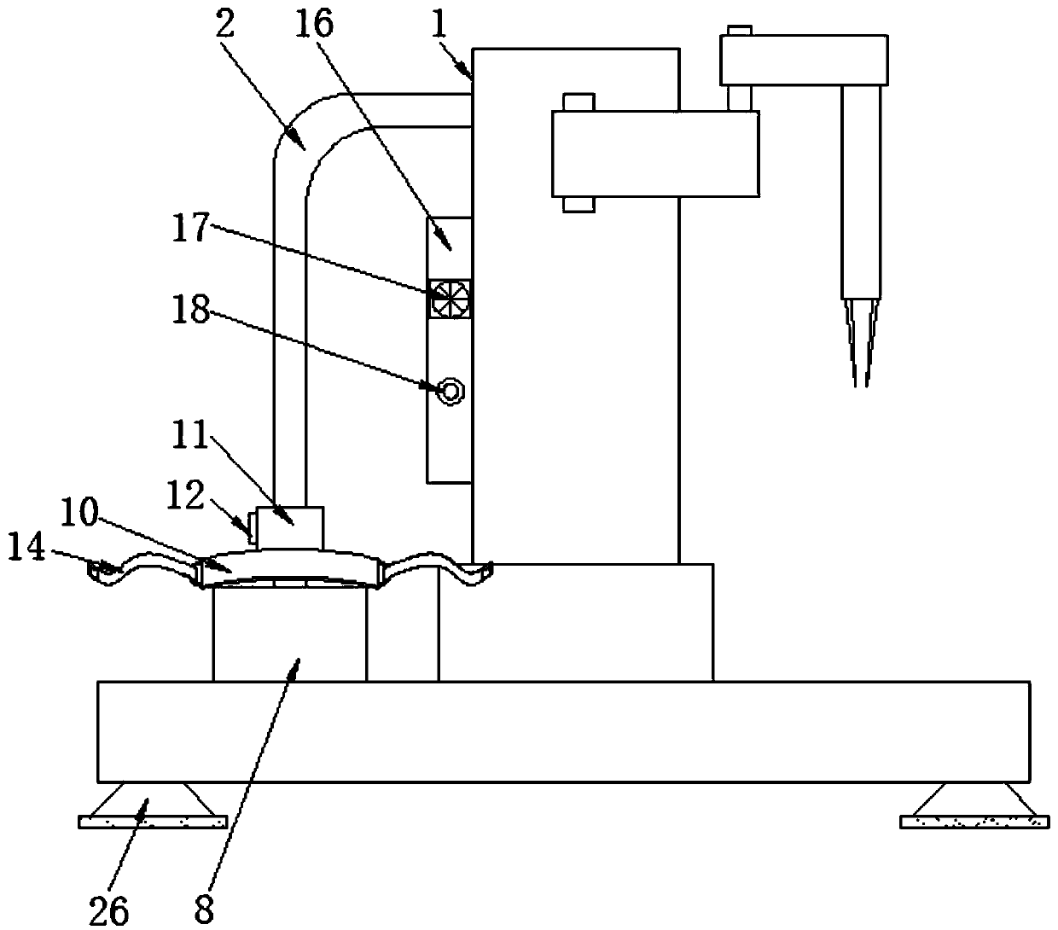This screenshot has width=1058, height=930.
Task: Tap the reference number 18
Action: [190, 312]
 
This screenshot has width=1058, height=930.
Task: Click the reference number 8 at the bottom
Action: [203, 910]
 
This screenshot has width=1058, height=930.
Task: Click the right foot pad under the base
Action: [974, 821]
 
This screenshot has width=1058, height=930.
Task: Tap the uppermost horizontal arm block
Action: [804, 60]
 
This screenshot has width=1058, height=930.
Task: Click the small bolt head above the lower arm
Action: [578, 102]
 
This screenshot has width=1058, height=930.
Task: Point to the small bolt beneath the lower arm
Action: [578, 205]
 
